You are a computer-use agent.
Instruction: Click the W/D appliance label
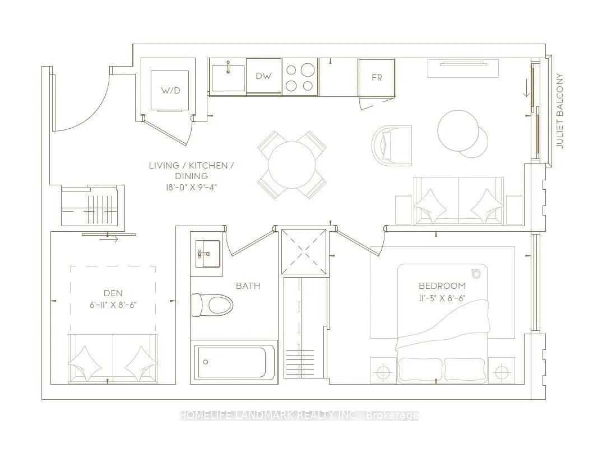(x=170, y=91)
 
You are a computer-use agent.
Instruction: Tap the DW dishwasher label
(x=263, y=76)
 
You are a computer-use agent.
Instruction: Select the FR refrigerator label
(x=377, y=78)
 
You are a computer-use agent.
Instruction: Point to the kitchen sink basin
(x=228, y=78)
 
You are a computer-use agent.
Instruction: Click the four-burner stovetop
(x=299, y=77)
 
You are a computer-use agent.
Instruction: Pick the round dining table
(x=292, y=165)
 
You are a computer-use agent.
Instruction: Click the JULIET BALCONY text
(x=560, y=111)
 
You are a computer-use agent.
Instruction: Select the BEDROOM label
(x=442, y=286)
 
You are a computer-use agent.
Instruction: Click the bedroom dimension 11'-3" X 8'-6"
(x=442, y=298)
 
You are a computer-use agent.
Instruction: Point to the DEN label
(x=113, y=293)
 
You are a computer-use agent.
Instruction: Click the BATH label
(x=248, y=286)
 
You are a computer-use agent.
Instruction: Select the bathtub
(x=234, y=362)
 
